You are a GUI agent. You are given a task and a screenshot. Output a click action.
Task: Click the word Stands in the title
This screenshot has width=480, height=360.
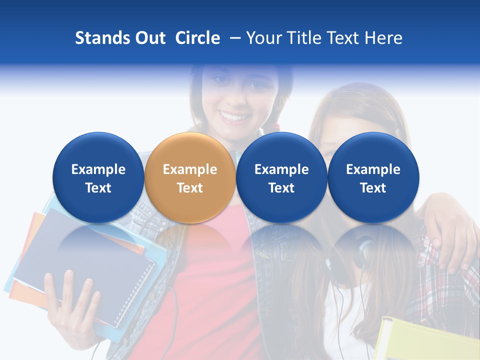[x=102, y=38]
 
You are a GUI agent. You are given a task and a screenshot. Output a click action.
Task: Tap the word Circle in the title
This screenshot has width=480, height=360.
[x=197, y=38]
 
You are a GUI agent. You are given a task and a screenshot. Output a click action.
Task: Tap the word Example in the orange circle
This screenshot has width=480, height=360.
[x=190, y=169]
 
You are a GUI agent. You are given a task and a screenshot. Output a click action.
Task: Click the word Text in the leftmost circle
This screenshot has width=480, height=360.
[x=98, y=188]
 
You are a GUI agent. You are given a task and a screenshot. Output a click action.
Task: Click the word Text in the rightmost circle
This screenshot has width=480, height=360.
[x=373, y=188]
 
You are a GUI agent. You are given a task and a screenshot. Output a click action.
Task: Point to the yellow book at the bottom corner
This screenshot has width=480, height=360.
[x=425, y=340]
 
